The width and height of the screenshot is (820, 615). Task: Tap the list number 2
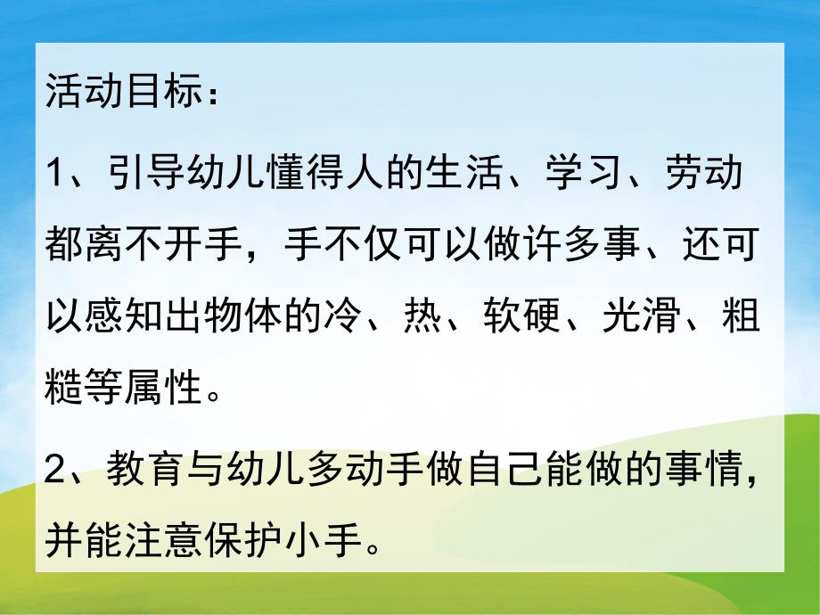point(55,467)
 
